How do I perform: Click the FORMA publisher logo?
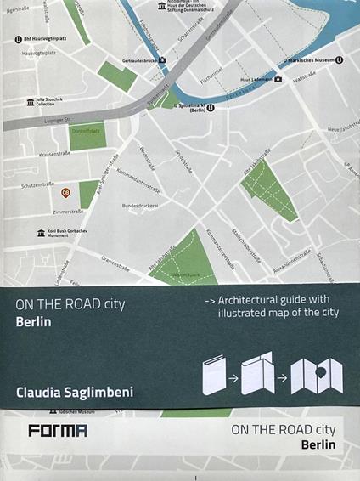click(58, 431)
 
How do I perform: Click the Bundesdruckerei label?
click(141, 205)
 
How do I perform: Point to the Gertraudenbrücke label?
click(140, 61)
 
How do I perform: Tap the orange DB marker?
click(65, 192)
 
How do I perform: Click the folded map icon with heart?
click(316, 376)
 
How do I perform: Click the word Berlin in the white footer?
click(318, 444)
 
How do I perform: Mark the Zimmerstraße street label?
click(68, 212)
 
